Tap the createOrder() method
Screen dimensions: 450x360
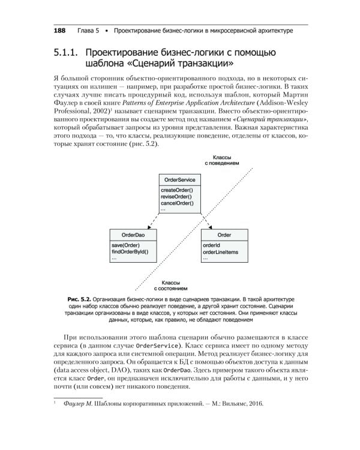[177, 190]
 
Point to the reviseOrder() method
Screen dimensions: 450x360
[176, 197]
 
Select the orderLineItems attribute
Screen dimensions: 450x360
[220, 252]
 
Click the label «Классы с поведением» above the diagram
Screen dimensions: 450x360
[222, 158]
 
